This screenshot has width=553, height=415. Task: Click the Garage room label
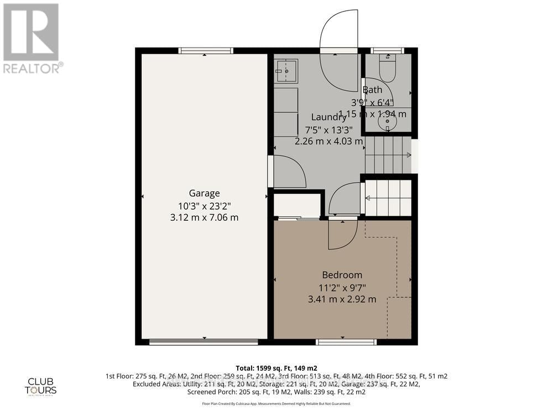click(205, 193)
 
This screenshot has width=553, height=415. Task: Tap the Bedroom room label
click(342, 275)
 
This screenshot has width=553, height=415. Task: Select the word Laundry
click(328, 117)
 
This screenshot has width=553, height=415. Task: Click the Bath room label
click(372, 90)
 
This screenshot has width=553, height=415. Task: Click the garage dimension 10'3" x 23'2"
click(205, 205)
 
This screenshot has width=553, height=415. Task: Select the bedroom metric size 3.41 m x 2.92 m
click(342, 299)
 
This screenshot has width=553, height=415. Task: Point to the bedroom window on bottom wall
click(346, 342)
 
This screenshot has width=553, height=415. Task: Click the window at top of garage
click(205, 51)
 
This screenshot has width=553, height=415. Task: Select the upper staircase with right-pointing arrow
click(388, 155)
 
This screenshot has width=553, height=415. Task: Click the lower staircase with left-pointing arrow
click(388, 198)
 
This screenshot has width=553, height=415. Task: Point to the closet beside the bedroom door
click(298, 205)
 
